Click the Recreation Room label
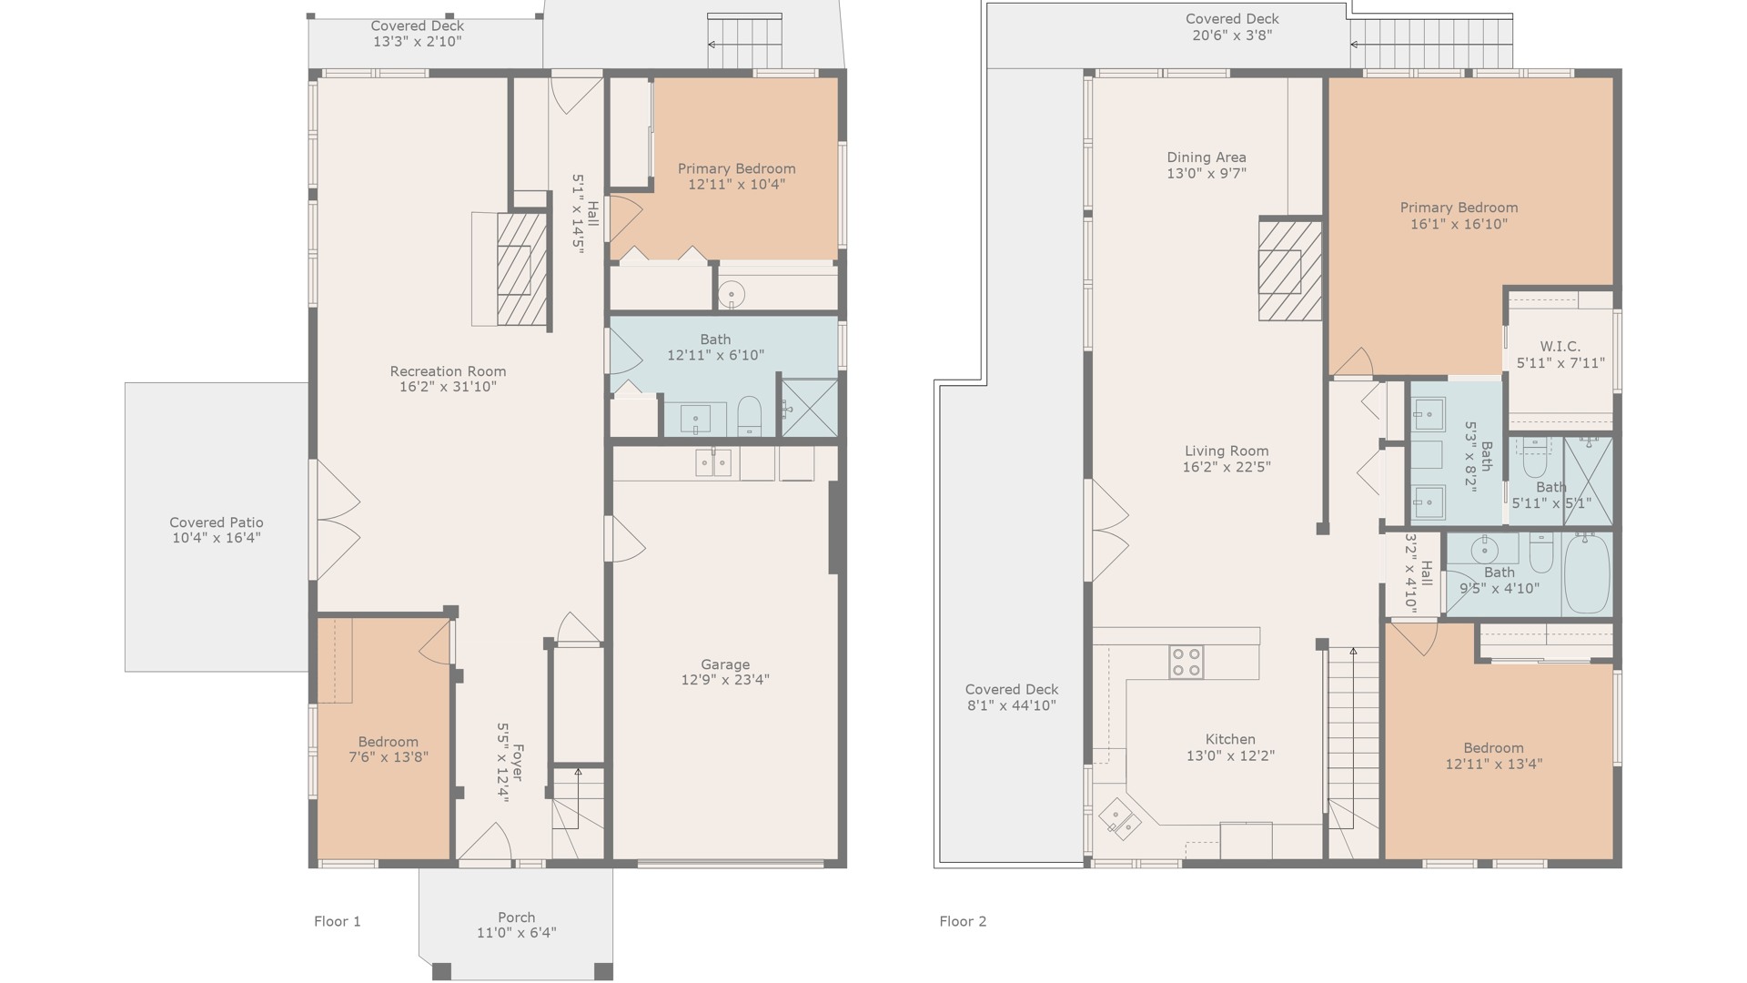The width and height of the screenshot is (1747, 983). pos(448,371)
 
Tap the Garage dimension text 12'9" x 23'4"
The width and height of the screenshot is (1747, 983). pos(725,680)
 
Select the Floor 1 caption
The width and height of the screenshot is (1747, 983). pos(338,921)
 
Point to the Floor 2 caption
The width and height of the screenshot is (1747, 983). pos(963,921)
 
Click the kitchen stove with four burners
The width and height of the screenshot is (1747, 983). pos(1186,662)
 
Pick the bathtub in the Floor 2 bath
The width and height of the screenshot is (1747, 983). pos(1587,573)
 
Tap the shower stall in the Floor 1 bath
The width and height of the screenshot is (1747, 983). pos(809,408)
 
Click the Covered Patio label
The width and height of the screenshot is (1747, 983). pos(217,522)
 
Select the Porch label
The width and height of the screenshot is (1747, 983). pos(517,917)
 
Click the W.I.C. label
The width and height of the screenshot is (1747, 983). pos(1560,347)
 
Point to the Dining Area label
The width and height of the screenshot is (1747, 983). pos(1207,157)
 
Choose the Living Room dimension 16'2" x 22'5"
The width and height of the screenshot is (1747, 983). pos(1227,467)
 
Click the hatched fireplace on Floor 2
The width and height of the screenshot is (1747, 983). pos(1289,269)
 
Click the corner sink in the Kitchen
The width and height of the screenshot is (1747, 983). pos(1120,818)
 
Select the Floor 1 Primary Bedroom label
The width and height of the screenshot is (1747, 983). pos(737,168)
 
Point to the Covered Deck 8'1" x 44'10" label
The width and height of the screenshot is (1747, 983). pos(1012,689)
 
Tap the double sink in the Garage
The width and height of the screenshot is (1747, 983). pos(713,462)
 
